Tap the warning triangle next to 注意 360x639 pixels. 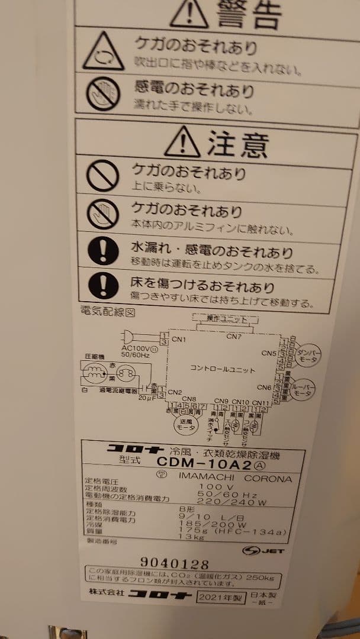(x=182, y=141)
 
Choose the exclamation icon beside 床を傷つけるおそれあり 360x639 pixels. (x=103, y=286)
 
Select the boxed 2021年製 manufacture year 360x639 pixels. (x=221, y=598)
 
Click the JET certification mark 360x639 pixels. (x=263, y=550)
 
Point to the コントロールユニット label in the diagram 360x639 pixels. (x=223, y=370)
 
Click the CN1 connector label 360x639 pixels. (x=179, y=340)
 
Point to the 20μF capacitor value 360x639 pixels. (x=146, y=398)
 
